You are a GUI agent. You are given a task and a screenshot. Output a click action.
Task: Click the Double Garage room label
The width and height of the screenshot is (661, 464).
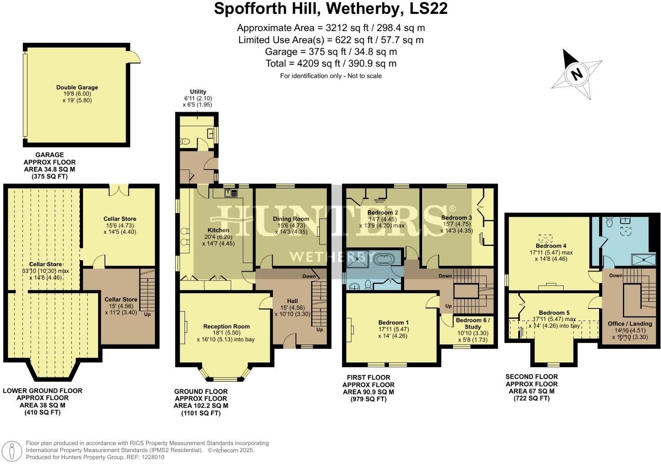[77, 88]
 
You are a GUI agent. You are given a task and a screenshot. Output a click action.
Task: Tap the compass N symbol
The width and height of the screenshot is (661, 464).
[577, 74]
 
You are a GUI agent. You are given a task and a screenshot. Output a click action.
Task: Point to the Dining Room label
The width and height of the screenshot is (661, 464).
[291, 219]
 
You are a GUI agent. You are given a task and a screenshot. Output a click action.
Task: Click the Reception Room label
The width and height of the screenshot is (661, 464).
[226, 326]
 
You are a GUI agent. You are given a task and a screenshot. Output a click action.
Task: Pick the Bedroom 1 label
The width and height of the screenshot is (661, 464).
[393, 322]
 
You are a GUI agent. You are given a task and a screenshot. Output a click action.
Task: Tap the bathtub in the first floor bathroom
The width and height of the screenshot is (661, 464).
[384, 259]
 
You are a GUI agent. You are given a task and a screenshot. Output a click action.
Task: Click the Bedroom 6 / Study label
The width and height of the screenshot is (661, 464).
[472, 324]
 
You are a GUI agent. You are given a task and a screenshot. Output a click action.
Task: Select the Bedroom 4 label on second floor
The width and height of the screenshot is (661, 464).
[551, 246]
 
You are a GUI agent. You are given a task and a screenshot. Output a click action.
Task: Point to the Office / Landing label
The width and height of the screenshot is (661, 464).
[630, 324]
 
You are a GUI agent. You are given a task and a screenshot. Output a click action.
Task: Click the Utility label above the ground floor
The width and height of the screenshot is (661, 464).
[198, 91]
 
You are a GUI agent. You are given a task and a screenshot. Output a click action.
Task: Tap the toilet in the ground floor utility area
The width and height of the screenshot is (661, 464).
[185, 141]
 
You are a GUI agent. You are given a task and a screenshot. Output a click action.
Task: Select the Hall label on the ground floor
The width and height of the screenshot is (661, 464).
[292, 301]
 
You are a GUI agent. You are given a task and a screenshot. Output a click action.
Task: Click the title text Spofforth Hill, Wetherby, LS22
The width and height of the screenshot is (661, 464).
[330, 9]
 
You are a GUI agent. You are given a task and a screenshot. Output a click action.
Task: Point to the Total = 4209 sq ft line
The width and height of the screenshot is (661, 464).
[330, 63]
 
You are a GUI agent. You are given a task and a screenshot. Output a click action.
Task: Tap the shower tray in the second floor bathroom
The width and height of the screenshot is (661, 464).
[640, 259]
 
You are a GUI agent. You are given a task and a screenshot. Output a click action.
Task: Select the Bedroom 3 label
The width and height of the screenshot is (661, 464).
[456, 218]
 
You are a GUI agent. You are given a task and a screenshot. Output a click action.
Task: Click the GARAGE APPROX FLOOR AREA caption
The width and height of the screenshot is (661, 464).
[49, 165]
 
